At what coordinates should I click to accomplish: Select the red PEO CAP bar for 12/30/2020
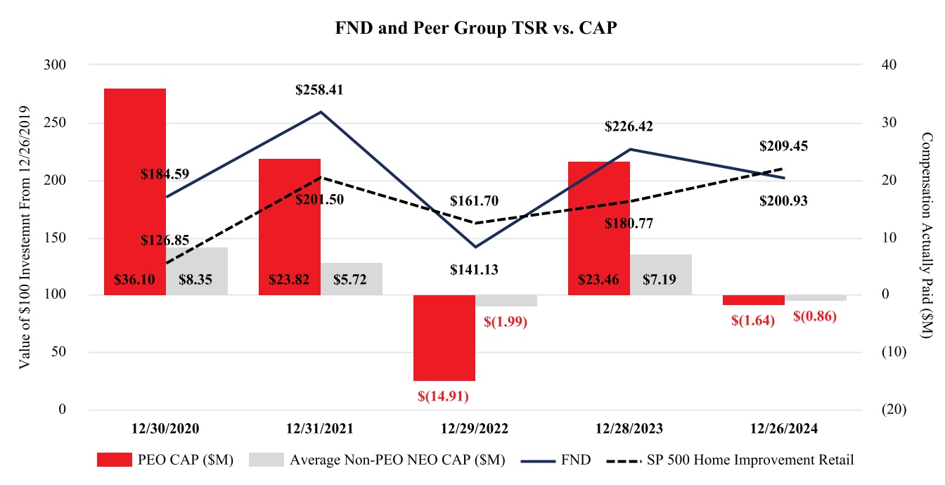[134, 183]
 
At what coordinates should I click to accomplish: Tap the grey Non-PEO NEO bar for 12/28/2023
[661, 266]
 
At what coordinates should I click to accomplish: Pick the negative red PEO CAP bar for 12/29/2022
[444, 337]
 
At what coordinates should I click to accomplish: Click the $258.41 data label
[320, 91]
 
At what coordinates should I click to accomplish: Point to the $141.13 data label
[475, 269]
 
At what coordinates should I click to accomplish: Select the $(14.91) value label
[443, 396]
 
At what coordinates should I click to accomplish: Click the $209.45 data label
[783, 147]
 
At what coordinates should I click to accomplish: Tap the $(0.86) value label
[814, 316]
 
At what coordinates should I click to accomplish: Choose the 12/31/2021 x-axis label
[320, 428]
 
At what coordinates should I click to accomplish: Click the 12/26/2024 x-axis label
[784, 428]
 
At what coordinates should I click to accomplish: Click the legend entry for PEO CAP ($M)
[166, 460]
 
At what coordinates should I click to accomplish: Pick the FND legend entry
[556, 460]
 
